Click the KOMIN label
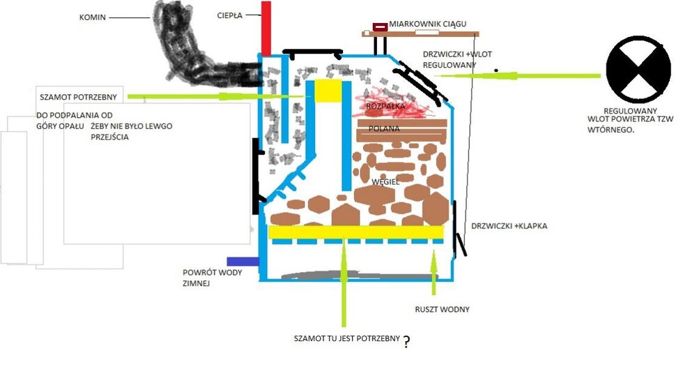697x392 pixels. (93, 17)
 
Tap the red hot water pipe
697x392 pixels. (266, 28)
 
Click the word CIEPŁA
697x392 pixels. (229, 15)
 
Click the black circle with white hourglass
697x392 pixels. (638, 70)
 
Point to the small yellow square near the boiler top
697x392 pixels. (328, 92)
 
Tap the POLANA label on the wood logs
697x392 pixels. (385, 130)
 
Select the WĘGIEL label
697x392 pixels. (385, 181)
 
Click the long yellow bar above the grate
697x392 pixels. (355, 232)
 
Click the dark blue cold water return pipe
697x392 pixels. (243, 262)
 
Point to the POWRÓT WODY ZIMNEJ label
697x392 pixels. (213, 278)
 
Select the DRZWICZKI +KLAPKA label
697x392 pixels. (510, 226)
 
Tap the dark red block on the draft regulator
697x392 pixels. (380, 27)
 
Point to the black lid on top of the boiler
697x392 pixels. (312, 52)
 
